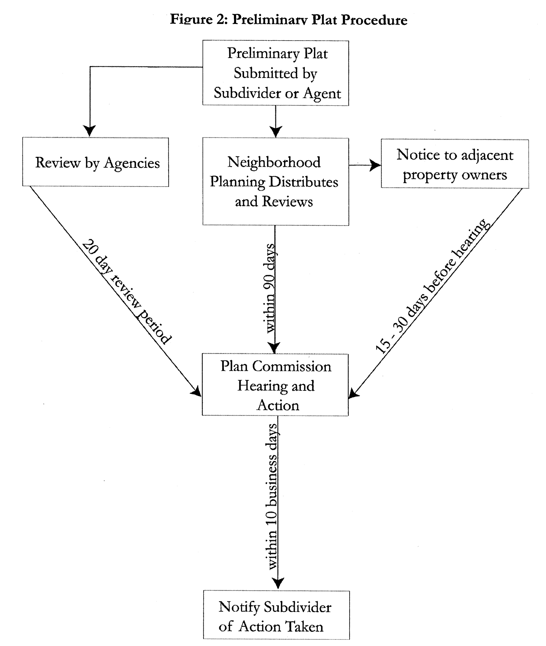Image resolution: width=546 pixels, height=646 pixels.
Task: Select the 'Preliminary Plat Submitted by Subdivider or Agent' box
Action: click(276, 73)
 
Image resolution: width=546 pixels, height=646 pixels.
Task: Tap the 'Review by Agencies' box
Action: click(96, 162)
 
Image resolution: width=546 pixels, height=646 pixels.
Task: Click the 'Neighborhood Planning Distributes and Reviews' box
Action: click(276, 182)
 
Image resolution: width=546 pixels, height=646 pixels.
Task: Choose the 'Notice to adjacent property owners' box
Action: click(455, 164)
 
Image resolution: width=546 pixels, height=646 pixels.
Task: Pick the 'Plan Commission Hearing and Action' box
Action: click(275, 385)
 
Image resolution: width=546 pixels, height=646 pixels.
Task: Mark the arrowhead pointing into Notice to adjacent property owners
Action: click(375, 165)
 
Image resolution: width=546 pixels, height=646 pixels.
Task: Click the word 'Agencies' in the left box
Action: click(132, 163)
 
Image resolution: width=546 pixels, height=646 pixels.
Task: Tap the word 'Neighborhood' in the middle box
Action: click(274, 162)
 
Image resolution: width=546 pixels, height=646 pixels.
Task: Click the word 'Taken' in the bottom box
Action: click(305, 626)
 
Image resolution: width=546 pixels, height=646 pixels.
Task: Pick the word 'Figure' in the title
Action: click(191, 20)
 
